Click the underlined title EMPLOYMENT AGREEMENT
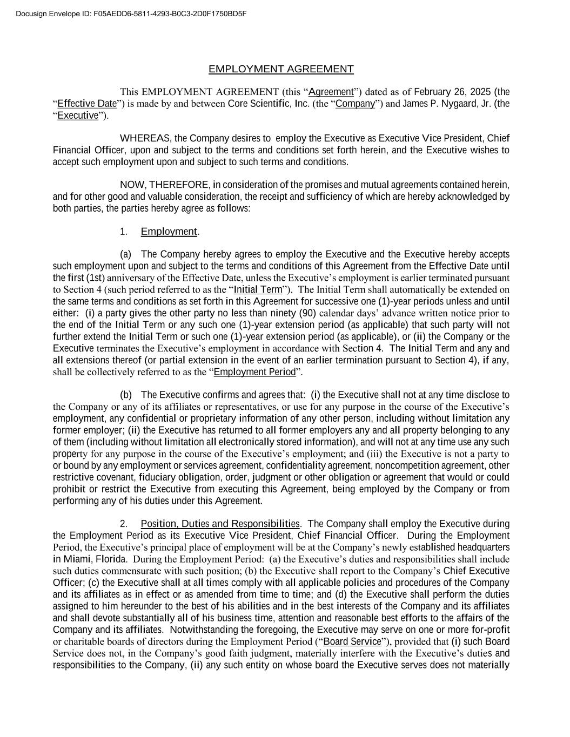coord(281,69)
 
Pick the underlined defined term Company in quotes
coord(355,104)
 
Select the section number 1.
coord(124,232)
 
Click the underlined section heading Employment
coord(169,232)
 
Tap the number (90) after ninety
coord(308,313)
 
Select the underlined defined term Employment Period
coord(255,372)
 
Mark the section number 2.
coord(124,524)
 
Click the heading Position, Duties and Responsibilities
coord(220,524)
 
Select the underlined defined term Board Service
coord(352,641)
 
